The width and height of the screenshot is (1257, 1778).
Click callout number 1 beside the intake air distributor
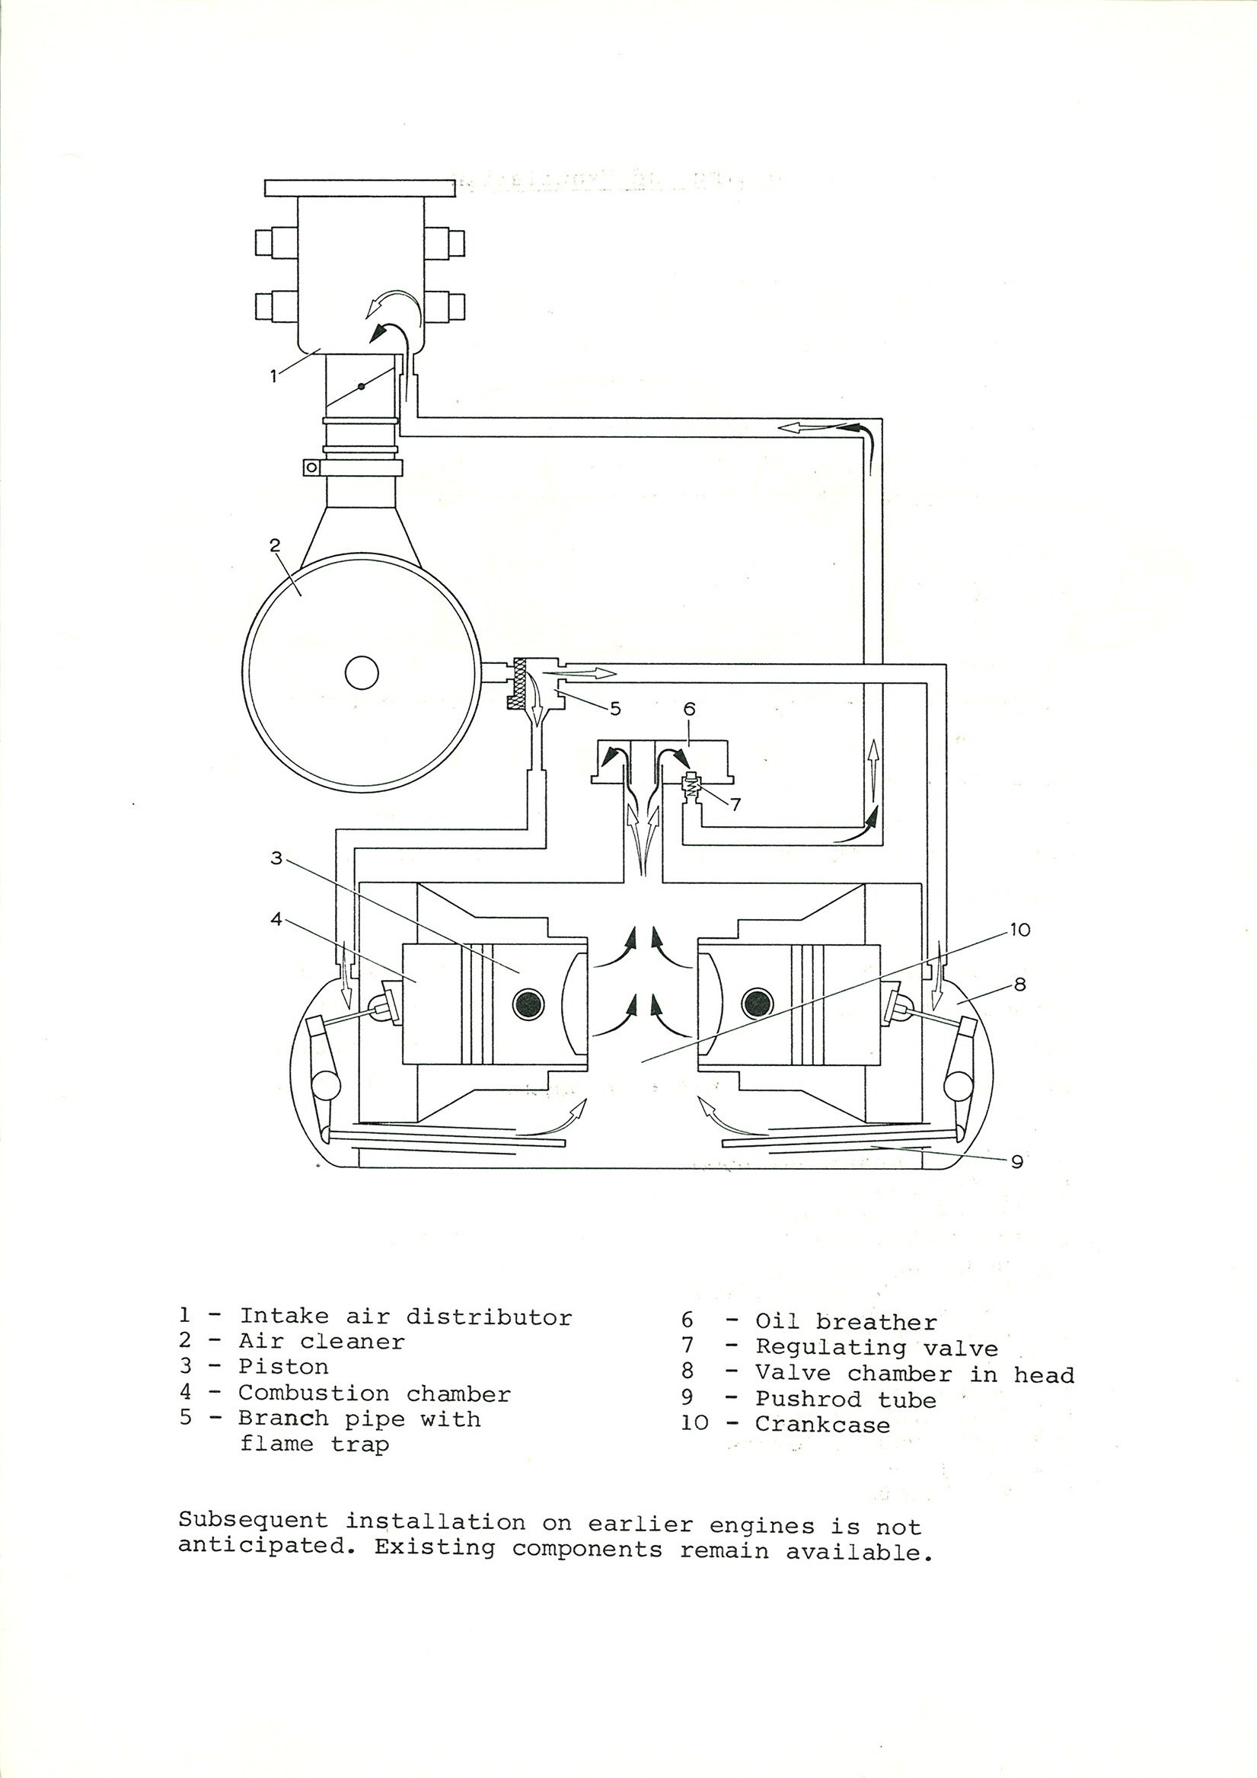tap(273, 377)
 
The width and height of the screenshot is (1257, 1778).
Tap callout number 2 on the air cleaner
tap(274, 545)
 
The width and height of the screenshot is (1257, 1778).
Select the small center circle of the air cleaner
tap(361, 672)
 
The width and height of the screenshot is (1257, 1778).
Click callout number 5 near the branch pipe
tap(616, 708)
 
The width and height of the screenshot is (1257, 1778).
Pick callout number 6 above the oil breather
tap(689, 709)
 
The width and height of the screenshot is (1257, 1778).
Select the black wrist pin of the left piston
tap(528, 1004)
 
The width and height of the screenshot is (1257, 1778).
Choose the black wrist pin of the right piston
tap(756, 1004)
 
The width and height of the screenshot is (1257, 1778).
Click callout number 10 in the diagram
tap(1020, 930)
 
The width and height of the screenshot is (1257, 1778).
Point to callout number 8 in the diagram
tap(1019, 985)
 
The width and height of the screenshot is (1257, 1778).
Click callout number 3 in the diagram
tap(276, 858)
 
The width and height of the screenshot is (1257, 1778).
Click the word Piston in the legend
tap(283, 1367)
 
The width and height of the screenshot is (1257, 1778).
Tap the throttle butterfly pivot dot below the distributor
tap(361, 387)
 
